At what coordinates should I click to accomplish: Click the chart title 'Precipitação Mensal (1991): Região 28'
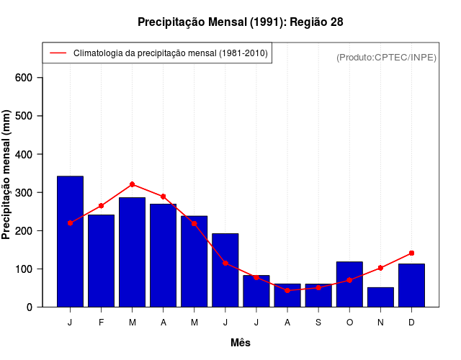(240, 22)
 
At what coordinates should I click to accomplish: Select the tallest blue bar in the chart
(70, 241)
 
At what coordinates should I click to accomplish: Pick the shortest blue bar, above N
(380, 297)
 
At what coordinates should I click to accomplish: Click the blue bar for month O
(349, 284)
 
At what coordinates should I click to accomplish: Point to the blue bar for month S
(318, 295)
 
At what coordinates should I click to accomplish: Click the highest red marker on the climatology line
(132, 184)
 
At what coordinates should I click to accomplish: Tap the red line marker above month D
(411, 253)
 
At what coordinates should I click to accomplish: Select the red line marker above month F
(101, 206)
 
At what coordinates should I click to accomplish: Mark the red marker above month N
(380, 268)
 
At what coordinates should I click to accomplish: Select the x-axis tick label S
(318, 323)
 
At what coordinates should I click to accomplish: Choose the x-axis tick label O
(349, 323)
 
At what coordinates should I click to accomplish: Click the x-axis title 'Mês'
(241, 343)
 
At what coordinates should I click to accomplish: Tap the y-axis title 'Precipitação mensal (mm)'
(7, 175)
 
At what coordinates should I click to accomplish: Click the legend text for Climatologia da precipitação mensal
(171, 53)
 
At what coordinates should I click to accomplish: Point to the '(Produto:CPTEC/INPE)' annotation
(386, 57)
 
